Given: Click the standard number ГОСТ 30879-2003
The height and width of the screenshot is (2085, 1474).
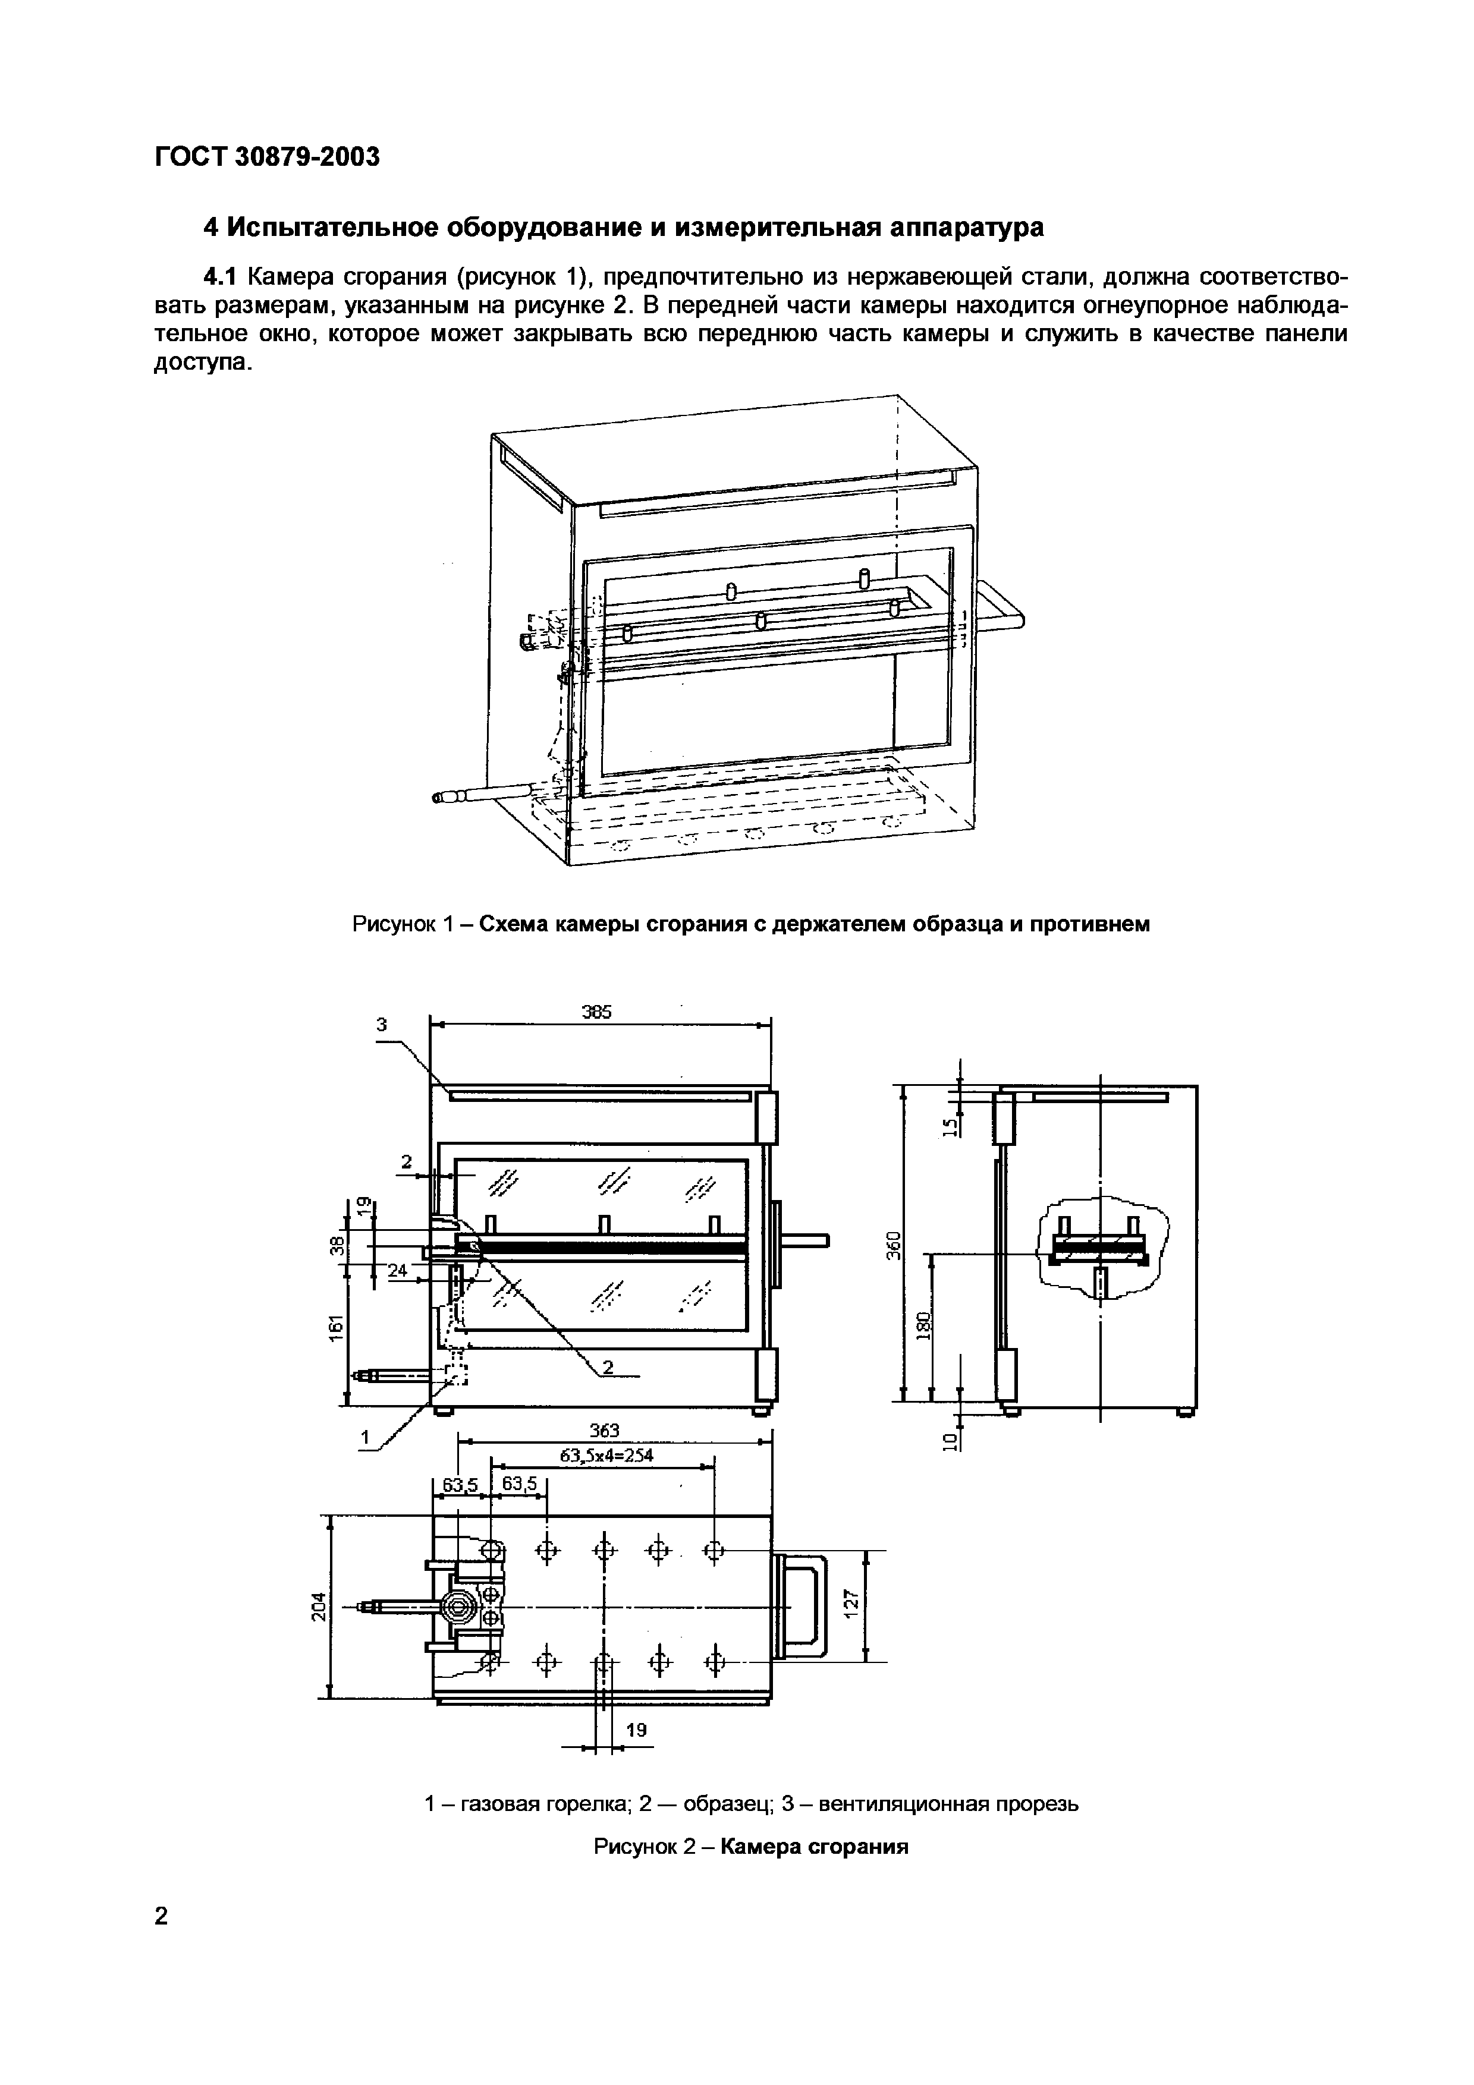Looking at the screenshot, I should (266, 157).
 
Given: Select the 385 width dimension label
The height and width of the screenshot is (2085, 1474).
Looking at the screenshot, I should (597, 1012).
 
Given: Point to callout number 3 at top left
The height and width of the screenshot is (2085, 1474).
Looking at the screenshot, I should (382, 1024).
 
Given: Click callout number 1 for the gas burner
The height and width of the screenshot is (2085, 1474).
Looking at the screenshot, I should (366, 1437).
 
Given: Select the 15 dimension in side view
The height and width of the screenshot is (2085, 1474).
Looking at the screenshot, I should (950, 1127).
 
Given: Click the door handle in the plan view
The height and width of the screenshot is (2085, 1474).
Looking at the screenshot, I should (802, 1605).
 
